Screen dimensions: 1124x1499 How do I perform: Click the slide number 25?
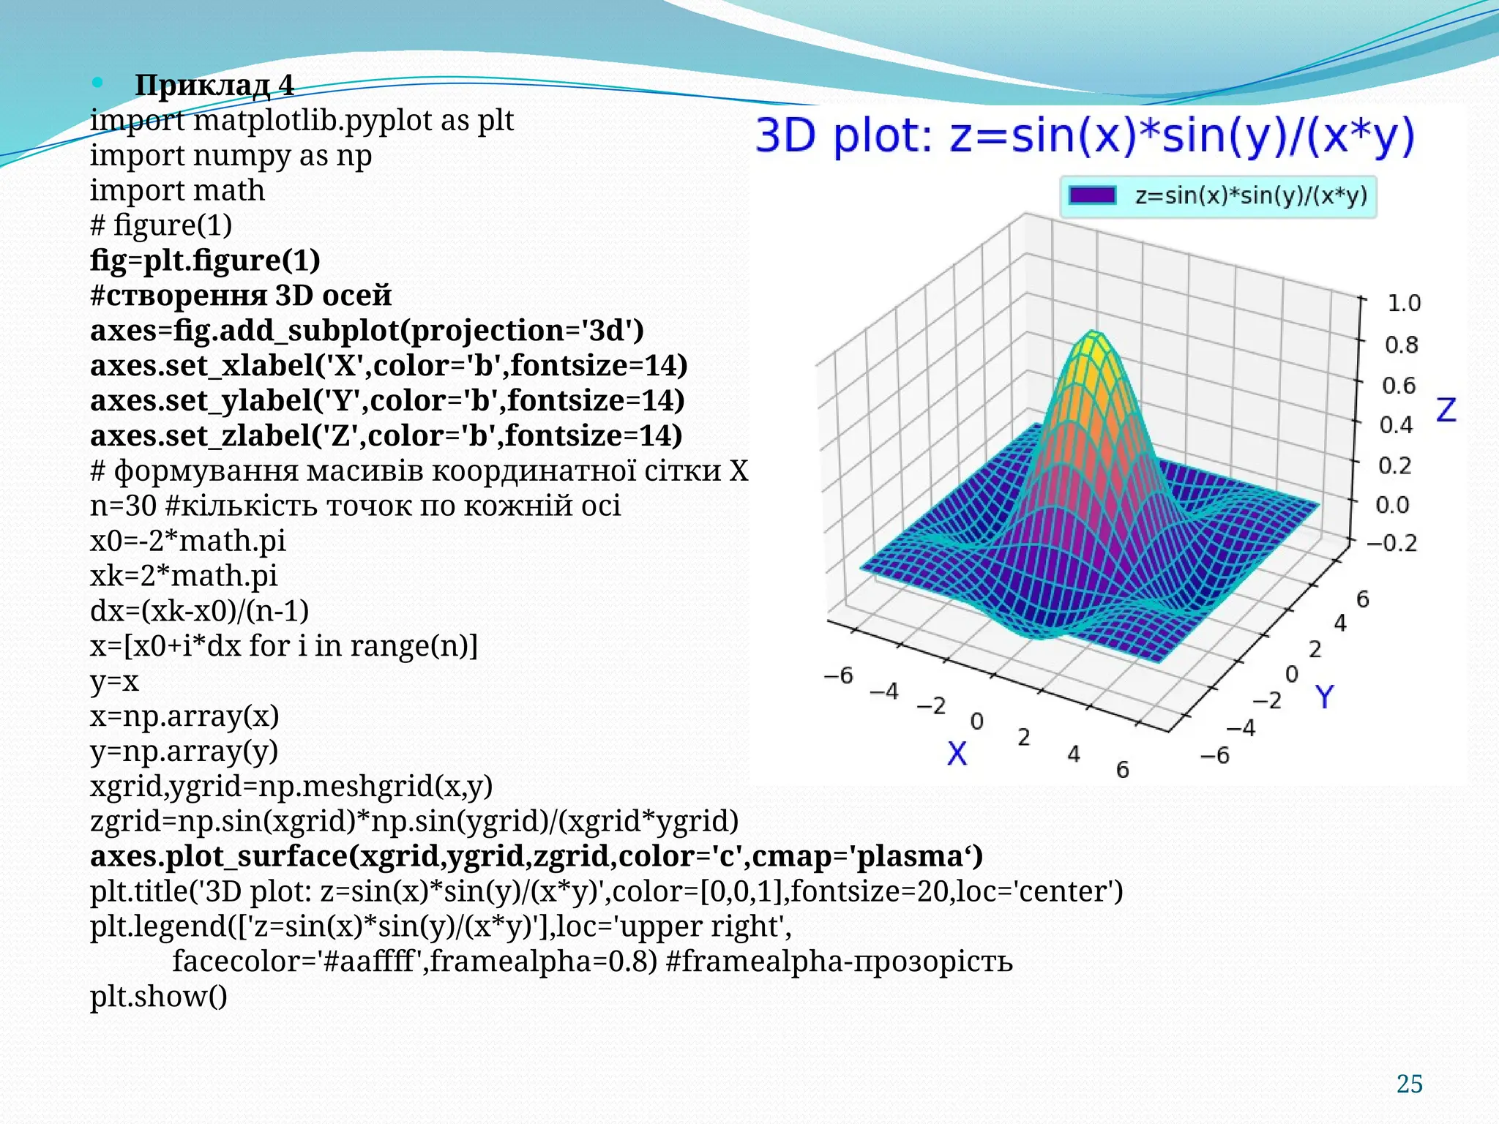pos(1409,1084)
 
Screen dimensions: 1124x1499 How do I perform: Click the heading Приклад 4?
pos(214,86)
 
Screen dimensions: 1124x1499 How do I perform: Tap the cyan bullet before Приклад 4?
pos(97,83)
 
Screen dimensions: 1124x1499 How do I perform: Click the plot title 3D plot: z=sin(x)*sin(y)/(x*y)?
pos(1085,137)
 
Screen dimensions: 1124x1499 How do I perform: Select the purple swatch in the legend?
pos(1092,195)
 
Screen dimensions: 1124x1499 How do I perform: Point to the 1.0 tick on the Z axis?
pos(1403,303)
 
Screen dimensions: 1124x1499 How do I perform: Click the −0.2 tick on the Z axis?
pos(1391,543)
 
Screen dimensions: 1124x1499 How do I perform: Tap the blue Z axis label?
pos(1446,410)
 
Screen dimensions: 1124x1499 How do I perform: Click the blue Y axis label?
pos(1324,697)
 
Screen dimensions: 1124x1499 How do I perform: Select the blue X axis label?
pos(957,753)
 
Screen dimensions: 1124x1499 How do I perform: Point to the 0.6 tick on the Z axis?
pos(1399,385)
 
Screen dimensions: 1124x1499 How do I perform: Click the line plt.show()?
pos(158,996)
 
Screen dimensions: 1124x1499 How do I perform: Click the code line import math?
pos(177,190)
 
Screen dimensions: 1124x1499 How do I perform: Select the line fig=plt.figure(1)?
pos(205,261)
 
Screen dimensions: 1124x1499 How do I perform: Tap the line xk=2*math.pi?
pos(184,576)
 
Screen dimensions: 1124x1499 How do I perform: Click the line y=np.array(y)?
pos(184,751)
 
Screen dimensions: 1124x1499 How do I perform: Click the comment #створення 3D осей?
pos(241,296)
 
